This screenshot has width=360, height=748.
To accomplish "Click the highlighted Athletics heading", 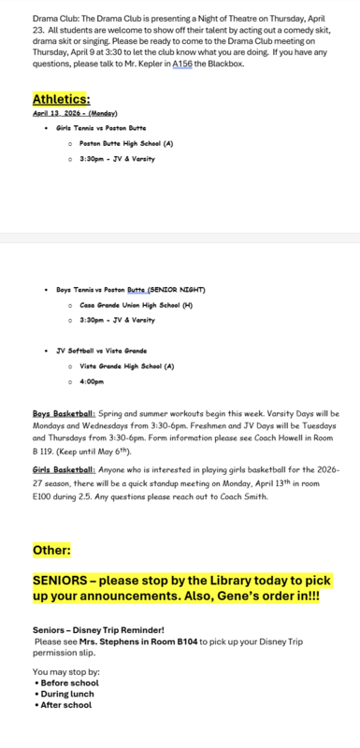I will tap(62, 98).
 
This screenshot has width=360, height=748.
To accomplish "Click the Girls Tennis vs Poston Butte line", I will tap(101, 127).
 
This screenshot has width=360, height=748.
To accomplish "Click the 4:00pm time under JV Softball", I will tap(92, 381).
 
